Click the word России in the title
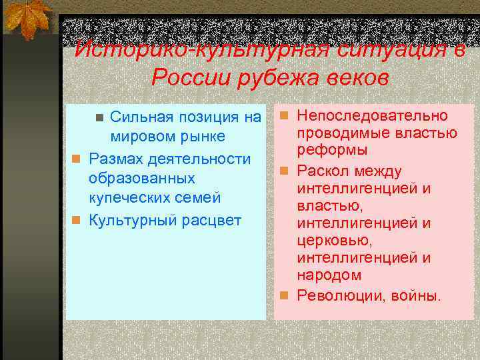(189, 79)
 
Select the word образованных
(141, 179)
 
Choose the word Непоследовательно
(372, 116)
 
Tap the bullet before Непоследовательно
(284, 117)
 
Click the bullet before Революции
(284, 295)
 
